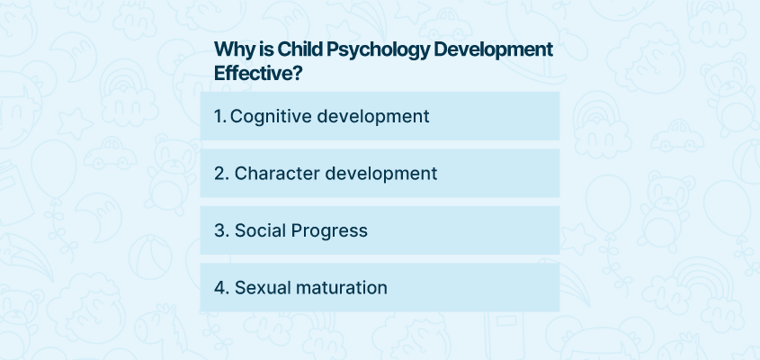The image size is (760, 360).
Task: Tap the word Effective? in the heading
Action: (258, 74)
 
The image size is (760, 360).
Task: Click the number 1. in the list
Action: (220, 116)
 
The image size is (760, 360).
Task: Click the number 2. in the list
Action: (221, 174)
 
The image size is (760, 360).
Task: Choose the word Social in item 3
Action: (260, 230)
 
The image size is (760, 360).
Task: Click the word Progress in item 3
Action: (329, 231)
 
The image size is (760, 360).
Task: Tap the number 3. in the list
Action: (221, 231)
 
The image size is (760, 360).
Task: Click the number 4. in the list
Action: (221, 288)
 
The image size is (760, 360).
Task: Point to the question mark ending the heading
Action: (298, 74)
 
